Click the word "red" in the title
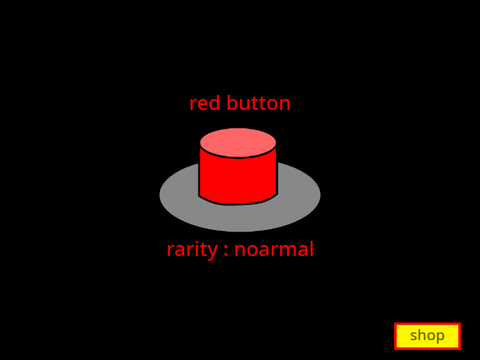205,103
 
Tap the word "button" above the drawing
259,103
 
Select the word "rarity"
192,250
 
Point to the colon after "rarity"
226,251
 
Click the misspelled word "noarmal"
274,249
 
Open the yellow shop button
427,336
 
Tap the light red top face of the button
238,142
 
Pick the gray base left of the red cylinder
179,195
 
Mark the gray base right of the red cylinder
298,195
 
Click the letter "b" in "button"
232,103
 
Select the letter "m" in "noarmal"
284,251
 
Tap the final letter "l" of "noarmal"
312,249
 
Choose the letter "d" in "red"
215,103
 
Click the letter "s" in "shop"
413,336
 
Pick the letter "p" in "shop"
440,338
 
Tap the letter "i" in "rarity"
198,249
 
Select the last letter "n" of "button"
285,105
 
